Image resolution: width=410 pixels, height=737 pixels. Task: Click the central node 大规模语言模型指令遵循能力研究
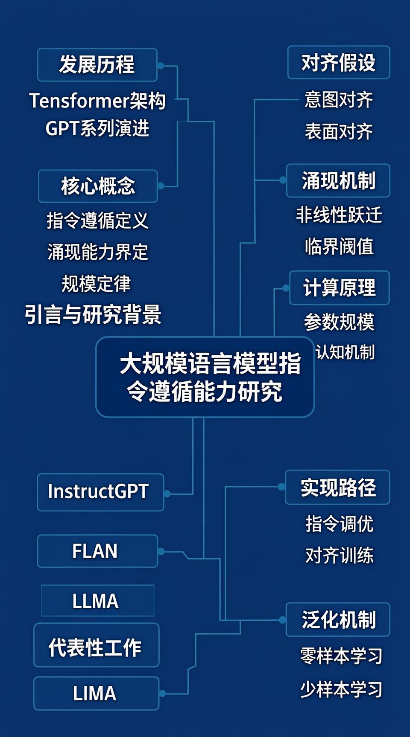pyautogui.click(x=205, y=377)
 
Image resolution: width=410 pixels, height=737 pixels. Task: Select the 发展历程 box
pyautogui.click(x=97, y=65)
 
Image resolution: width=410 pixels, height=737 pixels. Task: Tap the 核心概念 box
pyautogui.click(x=98, y=186)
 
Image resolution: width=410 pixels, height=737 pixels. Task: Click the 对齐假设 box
pyautogui.click(x=339, y=63)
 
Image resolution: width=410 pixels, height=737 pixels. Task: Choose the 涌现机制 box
pyautogui.click(x=338, y=180)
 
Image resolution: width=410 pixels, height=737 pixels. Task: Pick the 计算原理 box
pyautogui.click(x=340, y=288)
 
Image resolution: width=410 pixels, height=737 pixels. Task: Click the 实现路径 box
pyautogui.click(x=338, y=487)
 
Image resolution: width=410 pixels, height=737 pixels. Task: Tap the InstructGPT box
pyautogui.click(x=100, y=492)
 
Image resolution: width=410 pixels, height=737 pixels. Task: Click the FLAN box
pyautogui.click(x=97, y=551)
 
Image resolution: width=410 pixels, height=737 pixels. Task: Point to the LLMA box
pyautogui.click(x=97, y=601)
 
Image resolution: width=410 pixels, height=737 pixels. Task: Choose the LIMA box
pyautogui.click(x=96, y=693)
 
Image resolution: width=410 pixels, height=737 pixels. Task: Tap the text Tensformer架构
pyautogui.click(x=97, y=101)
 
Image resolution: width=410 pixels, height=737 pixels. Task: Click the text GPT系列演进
pyautogui.click(x=97, y=128)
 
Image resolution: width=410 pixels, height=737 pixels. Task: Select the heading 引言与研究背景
pyautogui.click(x=93, y=315)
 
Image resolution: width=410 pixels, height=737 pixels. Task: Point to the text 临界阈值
pyautogui.click(x=339, y=247)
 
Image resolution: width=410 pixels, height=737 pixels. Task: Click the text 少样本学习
pyautogui.click(x=341, y=689)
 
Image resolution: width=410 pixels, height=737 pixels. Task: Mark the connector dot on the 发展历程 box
pyautogui.click(x=161, y=66)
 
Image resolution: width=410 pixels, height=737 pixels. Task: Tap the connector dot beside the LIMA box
pyautogui.click(x=162, y=693)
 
